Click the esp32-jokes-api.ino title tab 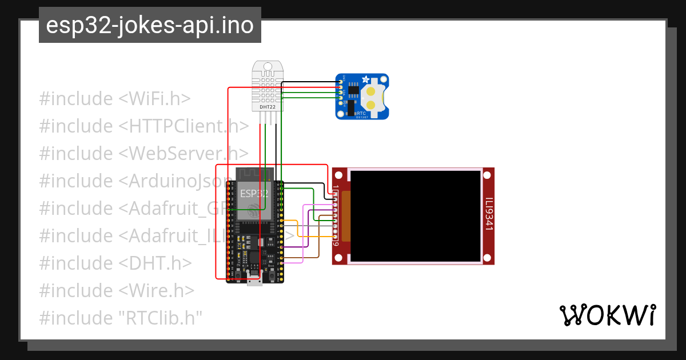[x=150, y=25]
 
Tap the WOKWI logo [x=607, y=315]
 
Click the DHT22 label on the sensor [x=266, y=106]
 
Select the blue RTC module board [x=361, y=97]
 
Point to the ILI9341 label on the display [x=489, y=215]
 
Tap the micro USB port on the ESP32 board [x=254, y=280]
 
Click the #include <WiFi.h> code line [x=115, y=99]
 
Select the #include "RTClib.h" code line [x=121, y=318]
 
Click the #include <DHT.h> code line [x=115, y=263]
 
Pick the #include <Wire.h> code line [x=117, y=290]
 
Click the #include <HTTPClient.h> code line [x=143, y=126]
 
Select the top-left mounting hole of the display [x=340, y=174]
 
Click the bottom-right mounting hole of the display [x=488, y=258]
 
